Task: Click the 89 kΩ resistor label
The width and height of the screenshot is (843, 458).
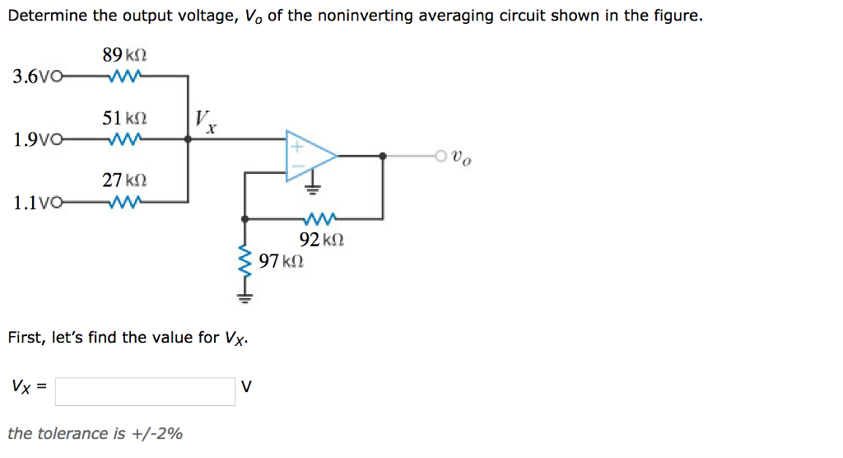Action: pos(125,56)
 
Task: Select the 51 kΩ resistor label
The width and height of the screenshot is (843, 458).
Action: pos(125,118)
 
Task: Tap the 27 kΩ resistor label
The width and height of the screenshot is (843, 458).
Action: pos(125,180)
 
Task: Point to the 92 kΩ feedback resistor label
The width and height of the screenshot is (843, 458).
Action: pos(321,241)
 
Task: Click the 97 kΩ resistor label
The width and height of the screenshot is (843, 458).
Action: pos(281,262)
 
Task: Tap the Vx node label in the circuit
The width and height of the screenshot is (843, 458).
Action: pos(207,121)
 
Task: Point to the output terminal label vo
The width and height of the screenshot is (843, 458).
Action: pos(463,157)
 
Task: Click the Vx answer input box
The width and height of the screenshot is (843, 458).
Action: pos(145,391)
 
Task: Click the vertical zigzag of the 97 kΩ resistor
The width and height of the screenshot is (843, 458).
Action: pos(244,264)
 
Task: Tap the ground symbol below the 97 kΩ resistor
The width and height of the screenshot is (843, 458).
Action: pos(244,297)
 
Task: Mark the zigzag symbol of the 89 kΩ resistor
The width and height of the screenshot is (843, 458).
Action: pos(126,77)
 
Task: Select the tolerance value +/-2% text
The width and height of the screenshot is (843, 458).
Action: pos(156,433)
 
